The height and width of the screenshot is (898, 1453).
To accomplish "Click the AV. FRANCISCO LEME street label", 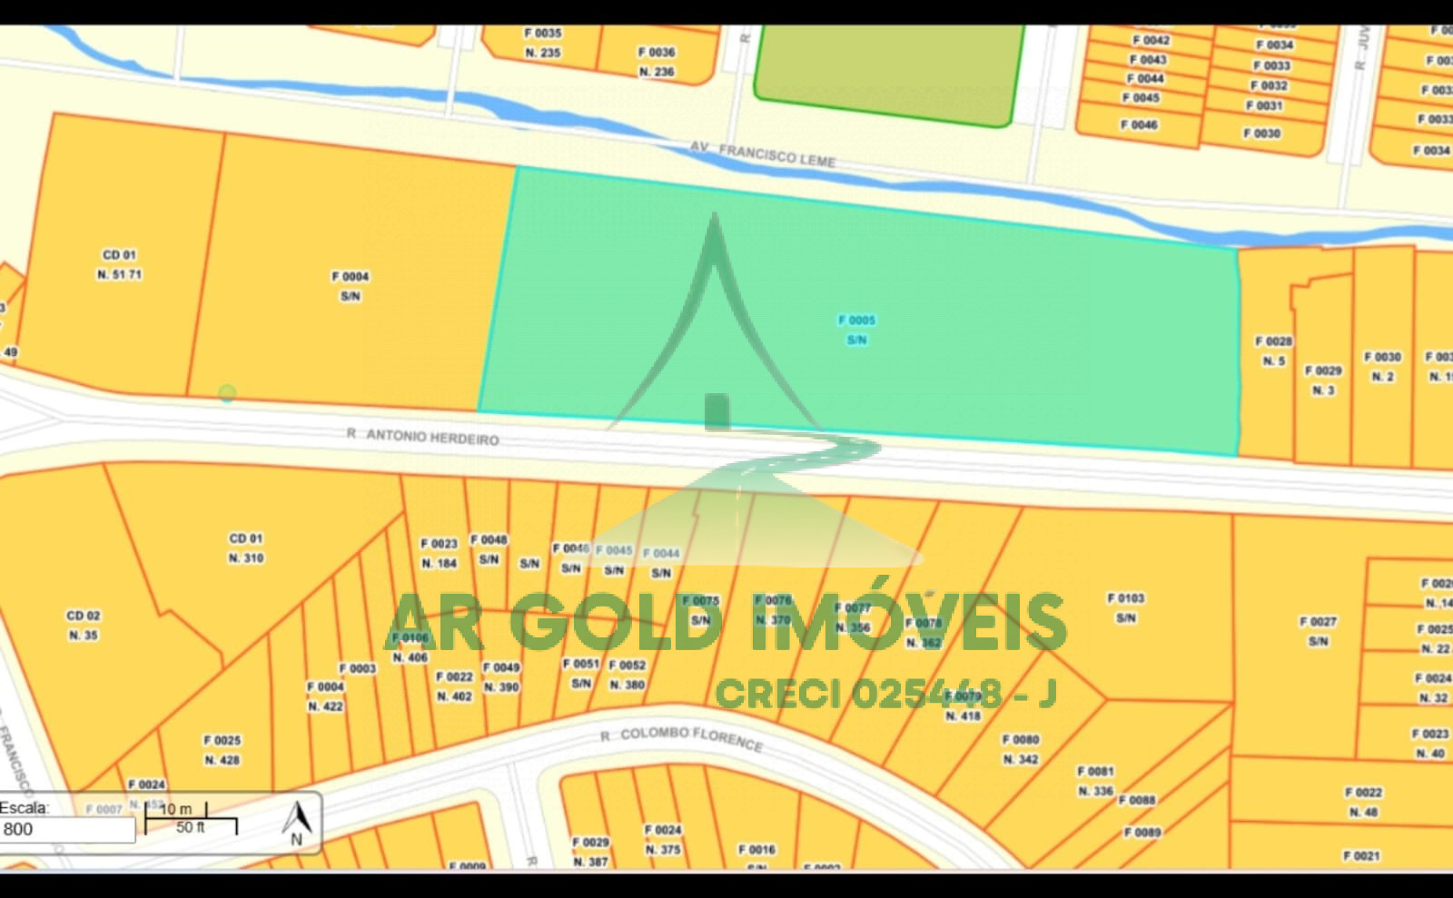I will tap(762, 153).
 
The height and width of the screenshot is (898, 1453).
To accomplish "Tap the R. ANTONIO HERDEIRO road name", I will tap(423, 437).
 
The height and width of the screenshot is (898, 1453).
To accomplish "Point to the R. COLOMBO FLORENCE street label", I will tap(681, 737).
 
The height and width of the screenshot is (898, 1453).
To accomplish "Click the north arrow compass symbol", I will tap(297, 823).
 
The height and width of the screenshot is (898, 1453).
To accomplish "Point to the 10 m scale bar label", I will tap(176, 808).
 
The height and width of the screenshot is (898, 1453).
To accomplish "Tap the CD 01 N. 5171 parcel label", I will tap(119, 265).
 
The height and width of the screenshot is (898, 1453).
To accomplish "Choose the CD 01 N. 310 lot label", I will tap(245, 548).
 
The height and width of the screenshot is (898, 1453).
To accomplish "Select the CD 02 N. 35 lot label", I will tap(83, 626).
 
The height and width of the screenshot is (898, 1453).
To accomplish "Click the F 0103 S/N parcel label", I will tap(1126, 608).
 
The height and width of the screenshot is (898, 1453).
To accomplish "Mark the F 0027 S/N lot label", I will tap(1318, 631).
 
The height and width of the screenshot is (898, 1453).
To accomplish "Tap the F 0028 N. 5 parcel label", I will tap(1273, 351).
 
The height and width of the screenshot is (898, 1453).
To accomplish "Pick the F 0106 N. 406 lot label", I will tap(410, 647).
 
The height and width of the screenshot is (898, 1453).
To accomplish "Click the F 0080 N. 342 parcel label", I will tap(1021, 749).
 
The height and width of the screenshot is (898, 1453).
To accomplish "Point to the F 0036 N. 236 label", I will tap(657, 62).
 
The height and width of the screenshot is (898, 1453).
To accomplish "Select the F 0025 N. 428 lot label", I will tap(222, 750).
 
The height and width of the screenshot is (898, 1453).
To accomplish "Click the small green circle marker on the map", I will tap(227, 392).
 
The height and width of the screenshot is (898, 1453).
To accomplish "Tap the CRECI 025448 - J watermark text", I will tap(885, 694).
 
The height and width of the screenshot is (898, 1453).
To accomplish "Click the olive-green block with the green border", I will tap(887, 73).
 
